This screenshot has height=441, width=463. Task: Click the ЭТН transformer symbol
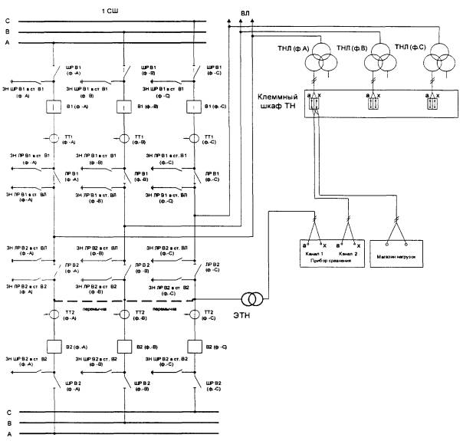click(x=251, y=298)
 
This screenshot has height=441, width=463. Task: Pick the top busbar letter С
click(x=6, y=20)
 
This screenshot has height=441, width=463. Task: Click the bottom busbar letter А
click(x=6, y=433)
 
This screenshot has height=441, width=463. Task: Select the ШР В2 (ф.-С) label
click(x=214, y=386)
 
